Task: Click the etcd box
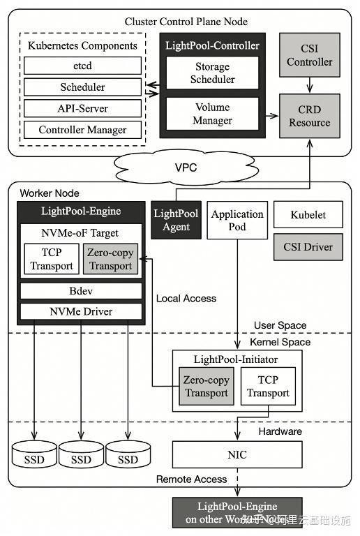click(x=82, y=66)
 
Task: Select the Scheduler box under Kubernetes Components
click(x=82, y=87)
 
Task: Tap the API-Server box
click(x=82, y=109)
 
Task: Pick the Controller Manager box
click(x=82, y=130)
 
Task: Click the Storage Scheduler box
click(x=212, y=73)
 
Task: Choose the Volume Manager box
click(x=212, y=114)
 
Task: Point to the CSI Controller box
click(x=310, y=55)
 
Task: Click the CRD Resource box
click(x=310, y=116)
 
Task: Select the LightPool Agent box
click(x=175, y=220)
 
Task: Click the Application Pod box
click(x=237, y=220)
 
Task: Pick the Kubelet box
click(x=308, y=215)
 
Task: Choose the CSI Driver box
click(x=308, y=247)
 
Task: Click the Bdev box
click(x=81, y=290)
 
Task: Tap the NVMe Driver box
click(x=81, y=311)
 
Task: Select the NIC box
click(x=237, y=455)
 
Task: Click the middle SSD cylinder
click(x=81, y=456)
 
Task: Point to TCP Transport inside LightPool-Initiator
click(x=268, y=387)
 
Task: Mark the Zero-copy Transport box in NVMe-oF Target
click(x=110, y=260)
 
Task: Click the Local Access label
click(x=186, y=298)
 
